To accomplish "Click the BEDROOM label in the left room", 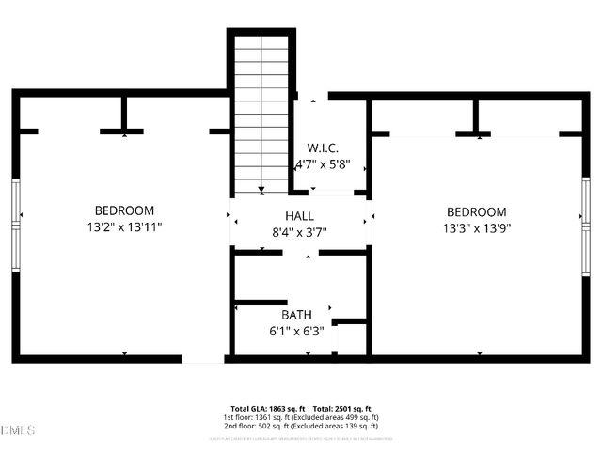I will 124,210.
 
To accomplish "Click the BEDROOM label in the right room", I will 476,212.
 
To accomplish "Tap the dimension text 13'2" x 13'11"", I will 124,227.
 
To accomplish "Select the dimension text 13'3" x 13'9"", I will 476,228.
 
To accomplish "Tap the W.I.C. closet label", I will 323,148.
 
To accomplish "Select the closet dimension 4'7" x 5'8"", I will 323,164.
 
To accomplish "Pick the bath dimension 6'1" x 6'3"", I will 295,331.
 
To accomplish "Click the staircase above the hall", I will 261,113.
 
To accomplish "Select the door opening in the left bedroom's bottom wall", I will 203,358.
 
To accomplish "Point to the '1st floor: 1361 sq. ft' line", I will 261,417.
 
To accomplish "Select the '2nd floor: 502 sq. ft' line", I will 261,426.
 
